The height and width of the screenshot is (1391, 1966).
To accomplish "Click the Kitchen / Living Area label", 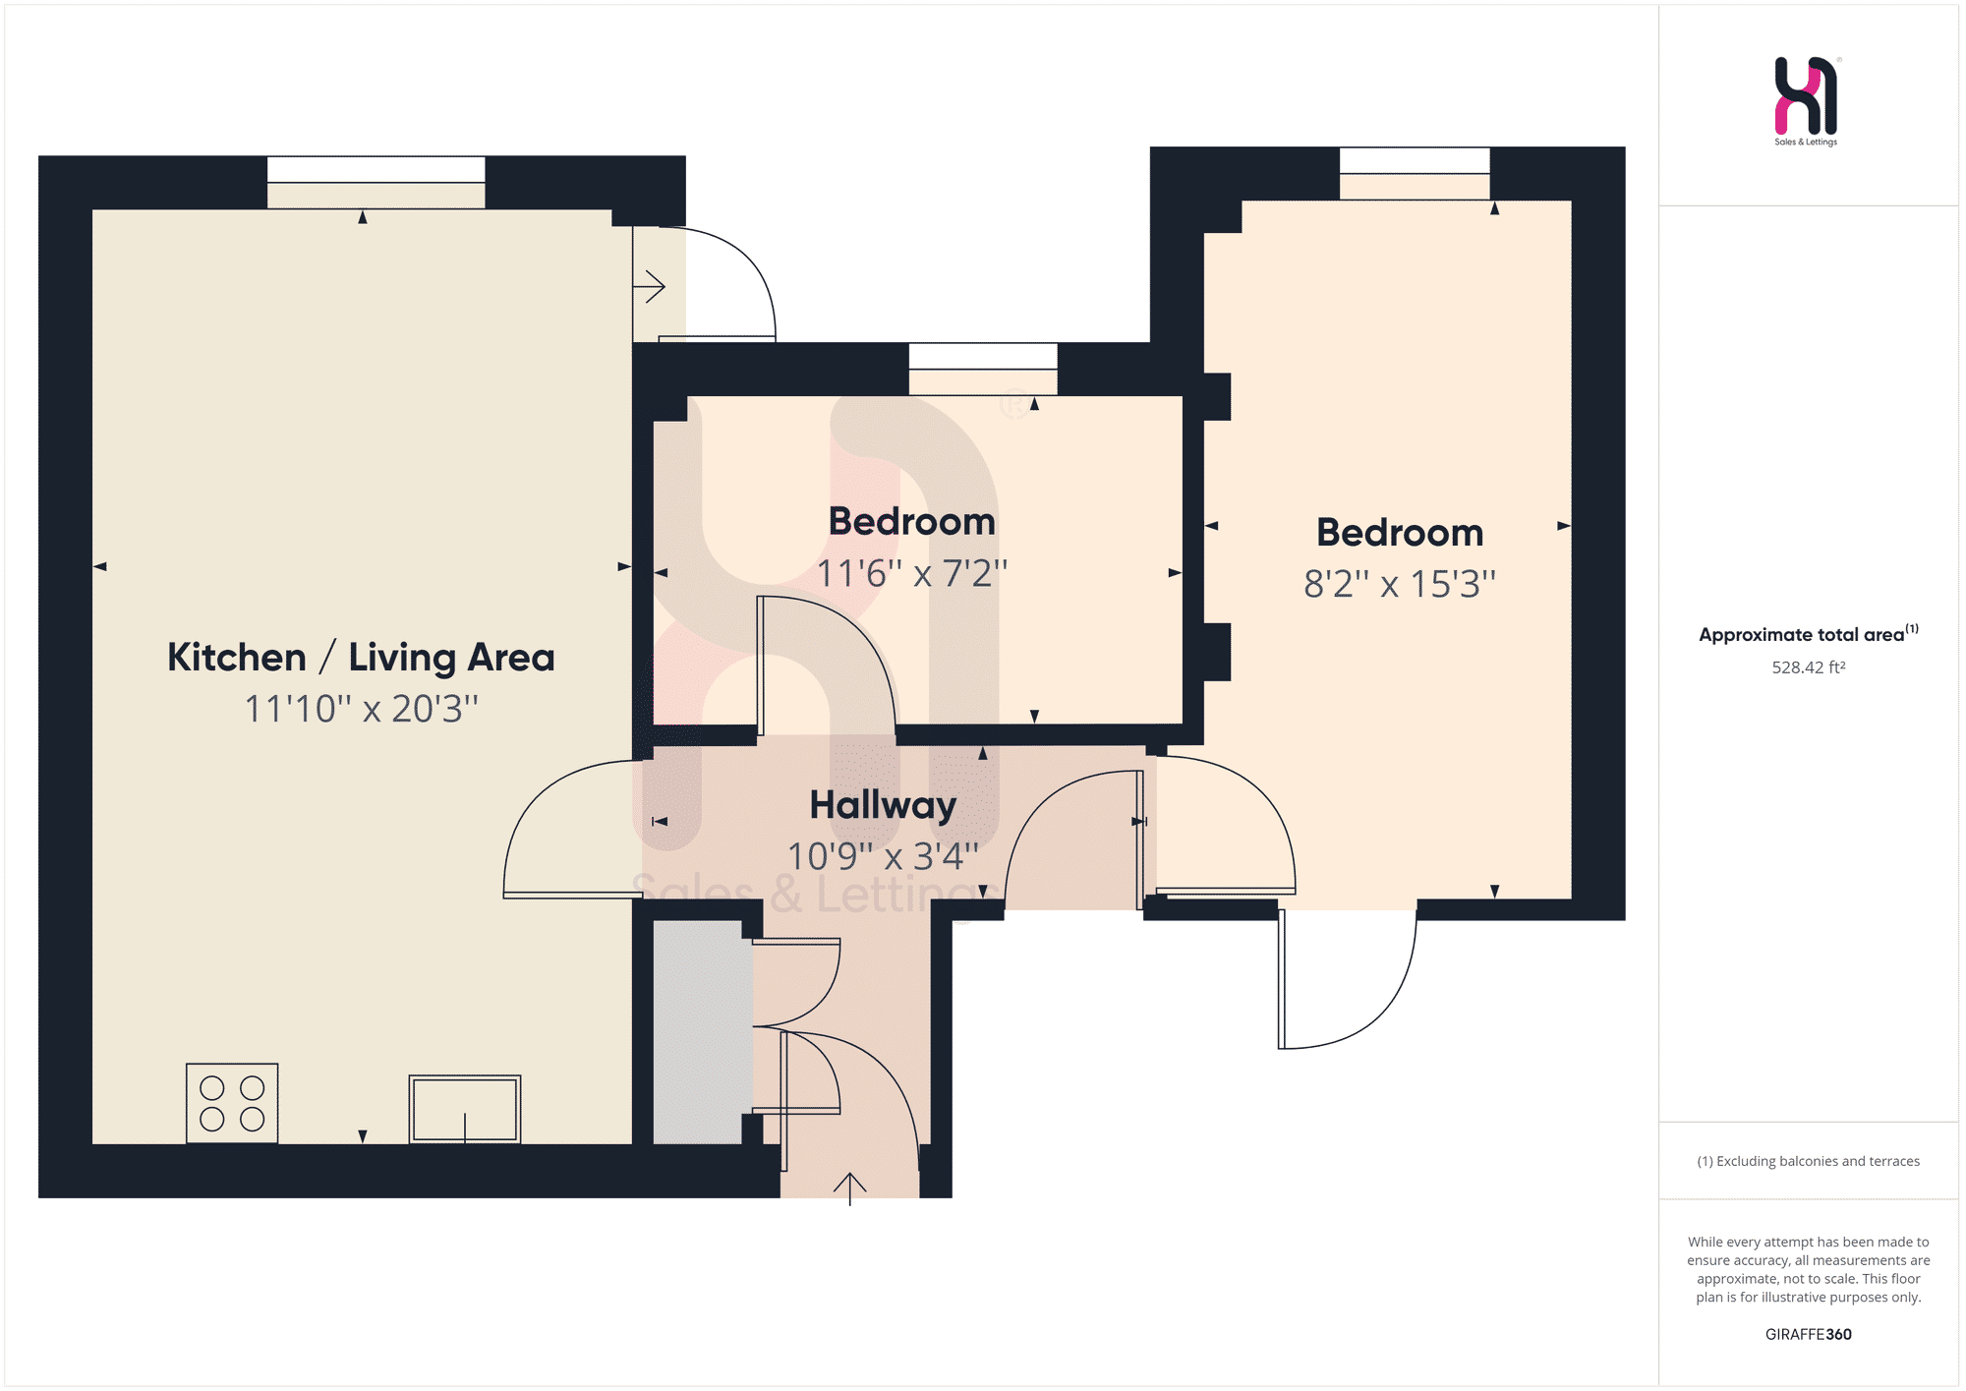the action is coord(361,657).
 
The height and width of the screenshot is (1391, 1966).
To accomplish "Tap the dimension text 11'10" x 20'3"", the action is coord(361,708).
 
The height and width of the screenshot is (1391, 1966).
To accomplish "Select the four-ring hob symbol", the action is coord(232,1103).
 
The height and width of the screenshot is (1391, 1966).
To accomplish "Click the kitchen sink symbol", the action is coord(465,1109).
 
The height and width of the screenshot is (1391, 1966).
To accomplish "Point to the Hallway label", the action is coord(883,805).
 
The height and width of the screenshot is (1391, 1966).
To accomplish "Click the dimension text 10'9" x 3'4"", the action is coord(883,855).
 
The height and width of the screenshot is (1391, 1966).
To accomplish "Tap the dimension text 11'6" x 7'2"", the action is coord(912,572).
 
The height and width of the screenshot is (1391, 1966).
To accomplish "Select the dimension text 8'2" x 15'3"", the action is coord(1400,583).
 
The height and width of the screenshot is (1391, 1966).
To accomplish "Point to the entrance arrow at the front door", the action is coord(849,1188).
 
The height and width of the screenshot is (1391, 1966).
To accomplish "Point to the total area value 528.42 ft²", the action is coord(1809,667).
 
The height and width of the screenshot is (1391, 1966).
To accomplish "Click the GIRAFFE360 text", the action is coord(1809,1334).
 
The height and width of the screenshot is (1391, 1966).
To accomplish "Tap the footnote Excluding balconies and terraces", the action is coord(1818,1161).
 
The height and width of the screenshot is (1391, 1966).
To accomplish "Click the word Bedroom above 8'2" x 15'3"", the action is coord(1400,533).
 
